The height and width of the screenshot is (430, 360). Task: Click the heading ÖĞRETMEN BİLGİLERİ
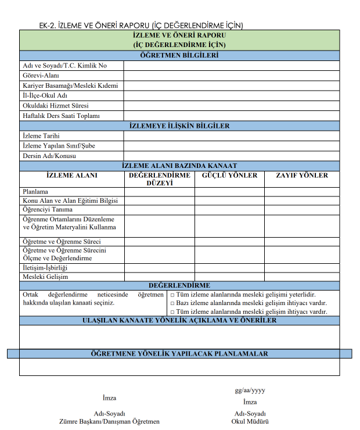pos(179,56)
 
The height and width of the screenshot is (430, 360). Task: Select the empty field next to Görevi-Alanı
pos(231,76)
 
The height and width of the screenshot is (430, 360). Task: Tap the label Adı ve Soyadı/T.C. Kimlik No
pos(64,66)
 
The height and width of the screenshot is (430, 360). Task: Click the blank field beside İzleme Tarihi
pos(231,136)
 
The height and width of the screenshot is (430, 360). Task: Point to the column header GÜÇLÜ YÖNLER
pos(229,175)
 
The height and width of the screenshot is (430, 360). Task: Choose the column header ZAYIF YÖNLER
pos(301,175)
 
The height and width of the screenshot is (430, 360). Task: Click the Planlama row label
pos(35,192)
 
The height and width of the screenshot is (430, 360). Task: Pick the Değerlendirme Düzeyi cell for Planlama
pos(159,192)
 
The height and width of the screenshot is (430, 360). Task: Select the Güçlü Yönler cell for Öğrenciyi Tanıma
pos(229,210)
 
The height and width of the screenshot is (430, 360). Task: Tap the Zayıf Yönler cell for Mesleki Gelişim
pos(301,277)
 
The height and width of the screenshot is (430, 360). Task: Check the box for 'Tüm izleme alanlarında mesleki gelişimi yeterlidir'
pos(172,295)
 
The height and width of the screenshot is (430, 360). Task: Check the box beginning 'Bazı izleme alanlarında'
pos(172,303)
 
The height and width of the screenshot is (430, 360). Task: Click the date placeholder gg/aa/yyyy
pos(250,390)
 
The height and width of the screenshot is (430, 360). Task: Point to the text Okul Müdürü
pos(250,421)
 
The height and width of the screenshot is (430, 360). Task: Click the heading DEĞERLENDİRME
pos(179,286)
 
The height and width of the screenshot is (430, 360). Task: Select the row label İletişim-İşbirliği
pos(45,268)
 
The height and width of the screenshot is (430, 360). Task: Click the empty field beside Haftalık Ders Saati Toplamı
pos(231,116)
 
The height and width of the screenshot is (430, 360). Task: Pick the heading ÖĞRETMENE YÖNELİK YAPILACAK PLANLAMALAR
pos(179,353)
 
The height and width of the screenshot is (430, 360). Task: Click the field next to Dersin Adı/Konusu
pos(231,156)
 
